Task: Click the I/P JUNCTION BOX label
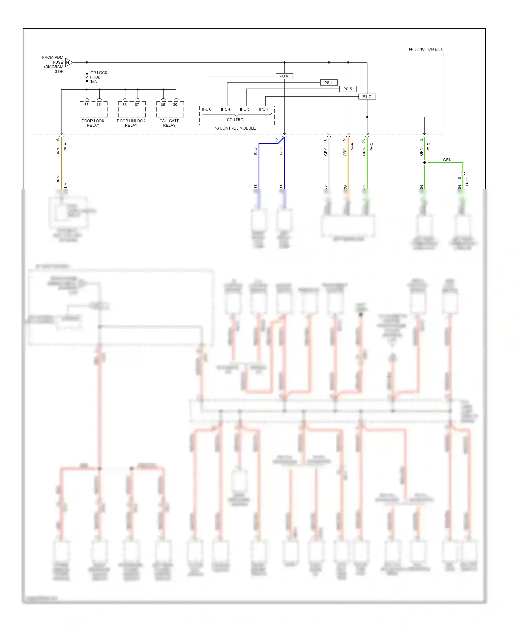(x=425, y=49)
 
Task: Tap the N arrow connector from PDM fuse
(x=68, y=63)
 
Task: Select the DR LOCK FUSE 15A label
(x=98, y=77)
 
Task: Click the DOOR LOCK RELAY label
(x=93, y=123)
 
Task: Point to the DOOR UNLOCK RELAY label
(x=131, y=123)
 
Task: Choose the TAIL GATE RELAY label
(x=169, y=123)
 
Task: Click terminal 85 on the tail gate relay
(x=163, y=105)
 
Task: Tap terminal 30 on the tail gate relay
(x=175, y=105)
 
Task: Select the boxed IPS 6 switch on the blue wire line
(x=284, y=76)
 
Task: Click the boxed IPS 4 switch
(x=328, y=83)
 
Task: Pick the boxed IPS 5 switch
(x=347, y=89)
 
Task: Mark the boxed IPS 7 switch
(x=366, y=97)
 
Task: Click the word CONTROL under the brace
(x=236, y=120)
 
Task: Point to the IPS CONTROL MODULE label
(x=234, y=128)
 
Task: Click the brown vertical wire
(x=61, y=162)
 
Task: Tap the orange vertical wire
(x=348, y=166)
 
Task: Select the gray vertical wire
(x=329, y=166)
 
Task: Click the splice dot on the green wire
(x=424, y=162)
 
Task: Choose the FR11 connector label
(x=467, y=181)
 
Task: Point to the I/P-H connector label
(x=66, y=147)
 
